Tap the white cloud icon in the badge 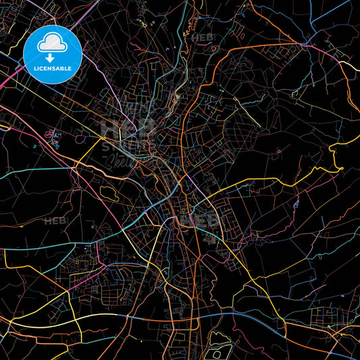pyautogui.click(x=53, y=42)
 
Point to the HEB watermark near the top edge pyautogui.click(x=201, y=37)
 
